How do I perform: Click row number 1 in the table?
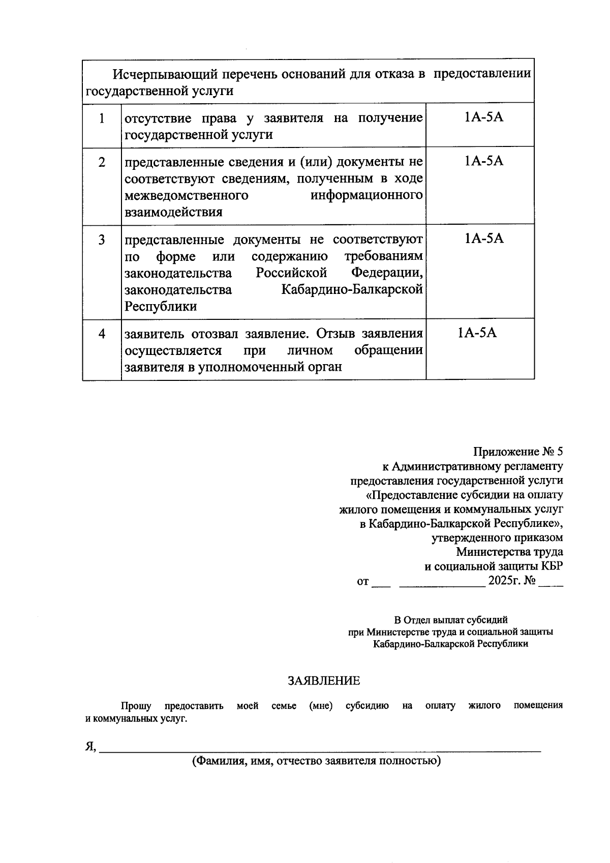tap(102, 118)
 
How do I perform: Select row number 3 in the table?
tap(102, 240)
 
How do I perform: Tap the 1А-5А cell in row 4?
tap(477, 333)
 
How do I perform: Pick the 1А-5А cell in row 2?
tap(483, 161)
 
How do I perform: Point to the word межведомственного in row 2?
tap(187, 196)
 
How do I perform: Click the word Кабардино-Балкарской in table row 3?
tap(352, 289)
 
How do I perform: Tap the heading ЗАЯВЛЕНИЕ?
tap(324, 680)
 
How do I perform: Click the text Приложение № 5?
tap(518, 452)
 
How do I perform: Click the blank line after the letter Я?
tap(320, 747)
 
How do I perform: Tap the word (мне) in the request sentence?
tap(321, 706)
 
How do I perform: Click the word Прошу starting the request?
tap(136, 706)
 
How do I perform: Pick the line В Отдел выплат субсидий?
tap(451, 620)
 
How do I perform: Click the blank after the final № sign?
tap(551, 583)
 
